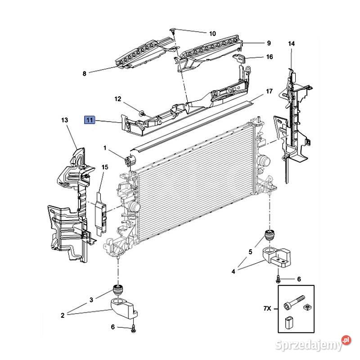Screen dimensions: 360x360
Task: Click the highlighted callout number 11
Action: tap(90, 120)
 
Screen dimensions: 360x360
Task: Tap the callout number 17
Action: tap(269, 91)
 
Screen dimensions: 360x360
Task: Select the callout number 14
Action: tap(291, 44)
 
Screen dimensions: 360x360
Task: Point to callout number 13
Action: tap(65, 120)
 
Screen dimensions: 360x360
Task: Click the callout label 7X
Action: tap(267, 308)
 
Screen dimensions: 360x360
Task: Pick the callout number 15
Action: tap(105, 167)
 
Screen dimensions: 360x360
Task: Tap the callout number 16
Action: tap(270, 57)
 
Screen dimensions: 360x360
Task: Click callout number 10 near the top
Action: tap(212, 34)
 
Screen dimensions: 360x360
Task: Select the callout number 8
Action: tap(85, 74)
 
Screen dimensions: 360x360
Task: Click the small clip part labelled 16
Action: tap(239, 58)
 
